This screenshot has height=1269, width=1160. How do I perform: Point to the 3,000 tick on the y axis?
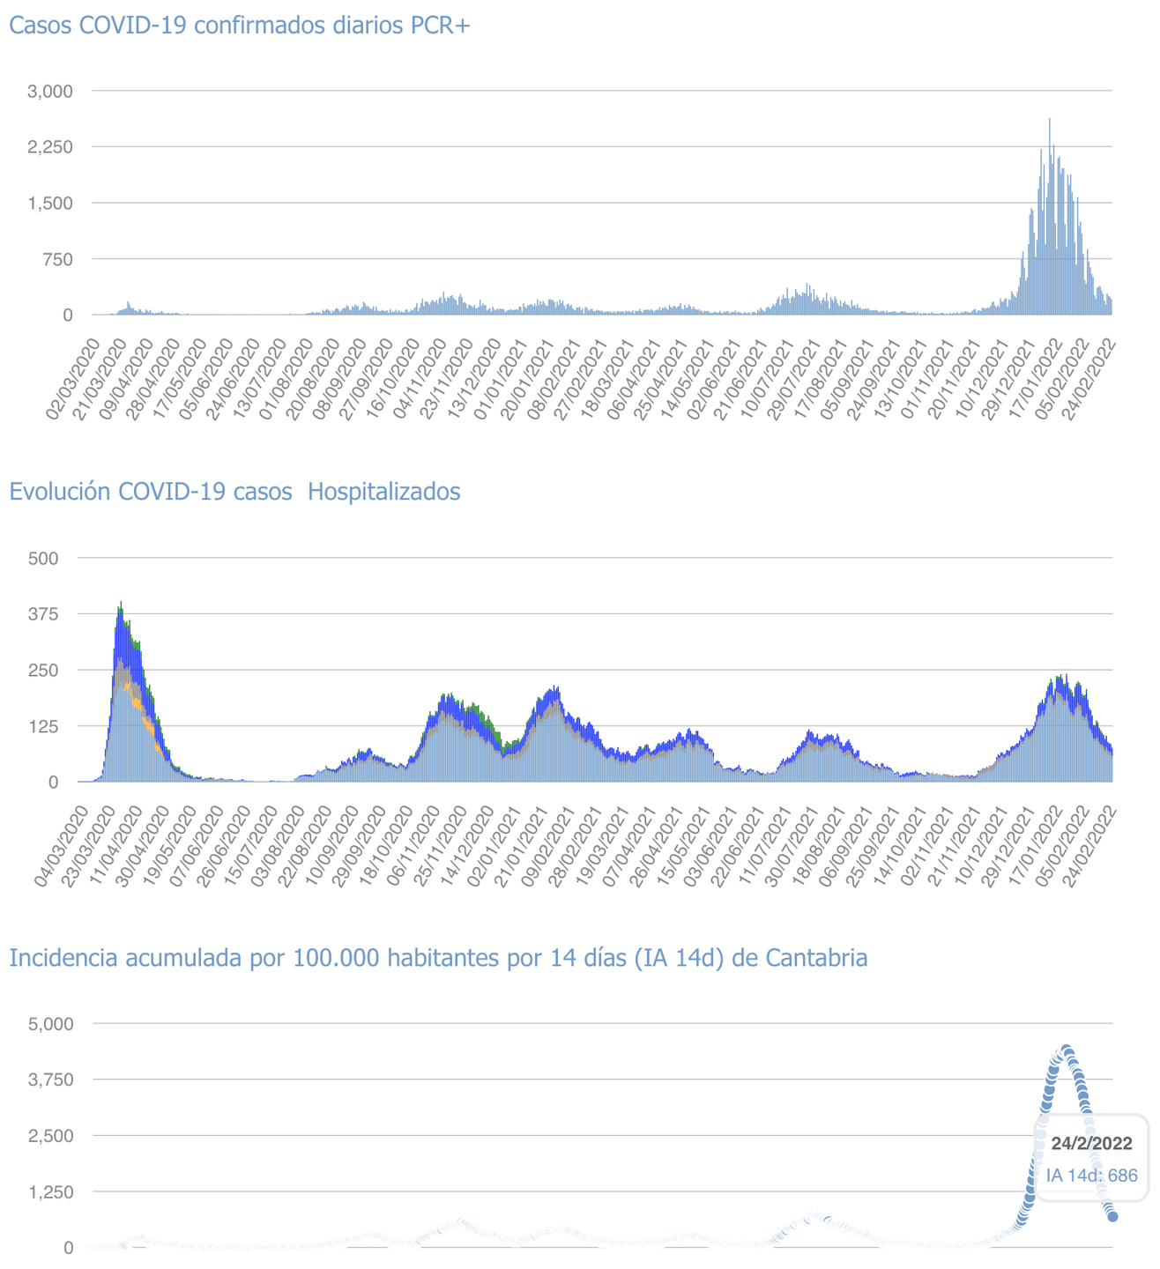(x=49, y=91)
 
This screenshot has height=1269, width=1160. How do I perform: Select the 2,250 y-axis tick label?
(x=49, y=146)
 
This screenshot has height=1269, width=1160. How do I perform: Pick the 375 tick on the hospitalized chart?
(x=43, y=613)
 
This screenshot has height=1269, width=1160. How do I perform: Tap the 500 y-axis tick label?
(x=43, y=558)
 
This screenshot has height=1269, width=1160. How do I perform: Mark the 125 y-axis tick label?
(x=43, y=726)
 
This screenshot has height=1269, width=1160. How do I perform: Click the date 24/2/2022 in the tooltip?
(x=1091, y=1144)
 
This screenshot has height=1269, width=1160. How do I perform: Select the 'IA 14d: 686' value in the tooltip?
(x=1091, y=1175)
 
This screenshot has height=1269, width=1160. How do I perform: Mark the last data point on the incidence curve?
(x=1112, y=1216)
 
